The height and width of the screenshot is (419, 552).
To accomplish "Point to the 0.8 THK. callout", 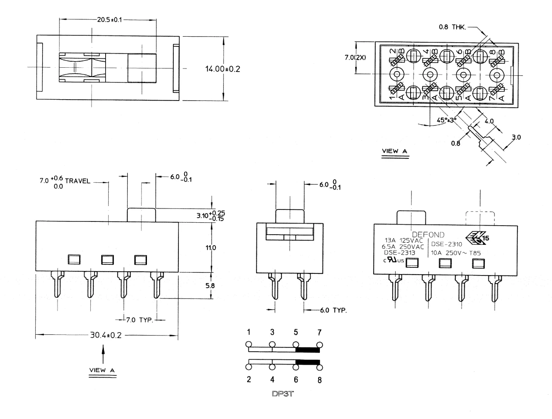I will pyautogui.click(x=453, y=28).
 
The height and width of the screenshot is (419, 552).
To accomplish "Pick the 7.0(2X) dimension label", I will pyautogui.click(x=355, y=58).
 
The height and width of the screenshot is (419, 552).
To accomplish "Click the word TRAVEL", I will pyautogui.click(x=78, y=181).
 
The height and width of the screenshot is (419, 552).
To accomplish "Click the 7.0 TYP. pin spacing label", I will pyautogui.click(x=140, y=319).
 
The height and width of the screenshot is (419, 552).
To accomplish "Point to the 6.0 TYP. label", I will pyautogui.click(x=333, y=310).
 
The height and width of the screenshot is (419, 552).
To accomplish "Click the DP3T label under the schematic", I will pyautogui.click(x=283, y=394).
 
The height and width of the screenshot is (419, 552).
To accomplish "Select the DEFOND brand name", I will pyautogui.click(x=428, y=235).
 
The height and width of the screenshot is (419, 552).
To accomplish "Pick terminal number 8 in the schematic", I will pyautogui.click(x=319, y=380).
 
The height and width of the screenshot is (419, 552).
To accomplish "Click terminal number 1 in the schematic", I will pyautogui.click(x=249, y=332).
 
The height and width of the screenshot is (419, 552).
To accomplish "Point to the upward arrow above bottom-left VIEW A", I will pyautogui.click(x=103, y=354).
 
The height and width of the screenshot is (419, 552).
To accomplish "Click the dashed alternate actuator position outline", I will pyautogui.click(x=480, y=217).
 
